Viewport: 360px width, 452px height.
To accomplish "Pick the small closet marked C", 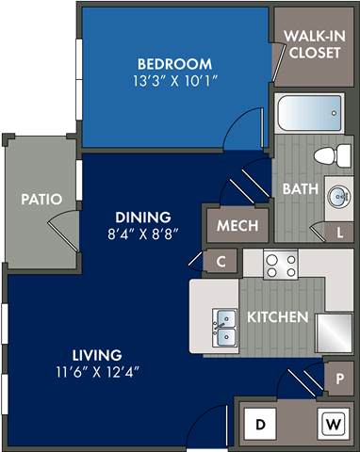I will pyautogui.click(x=221, y=262).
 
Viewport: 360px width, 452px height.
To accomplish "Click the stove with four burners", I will pyautogui.click(x=279, y=265).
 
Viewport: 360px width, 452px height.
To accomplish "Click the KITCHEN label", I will pyautogui.click(x=277, y=317).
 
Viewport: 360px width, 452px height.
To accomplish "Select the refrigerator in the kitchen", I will pyautogui.click(x=335, y=331).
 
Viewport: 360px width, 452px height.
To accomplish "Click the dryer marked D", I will pyautogui.click(x=260, y=424).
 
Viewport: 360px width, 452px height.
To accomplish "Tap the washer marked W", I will pyautogui.click(x=331, y=424).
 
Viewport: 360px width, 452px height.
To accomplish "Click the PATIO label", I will pyautogui.click(x=41, y=200).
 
